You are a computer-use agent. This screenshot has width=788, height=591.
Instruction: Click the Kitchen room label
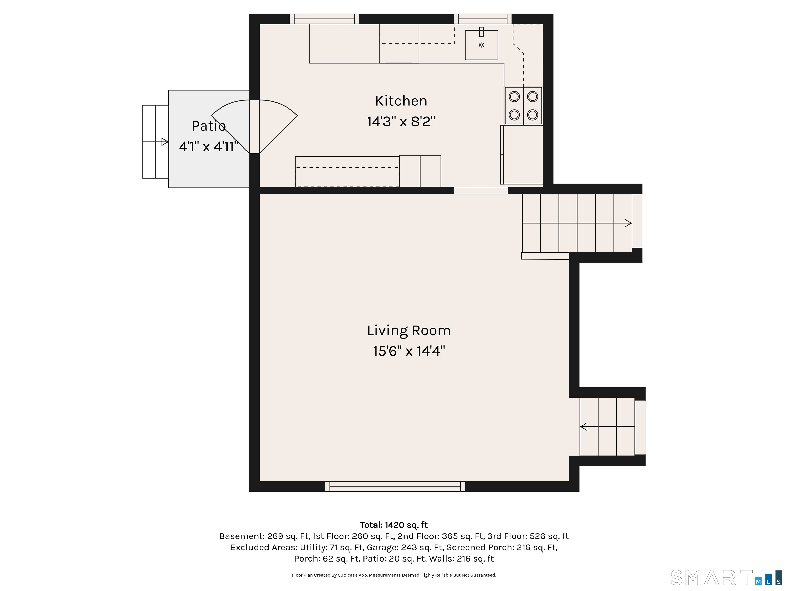401,101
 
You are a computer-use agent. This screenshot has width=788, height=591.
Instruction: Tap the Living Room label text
409,331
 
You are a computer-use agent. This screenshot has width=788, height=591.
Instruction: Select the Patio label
209,126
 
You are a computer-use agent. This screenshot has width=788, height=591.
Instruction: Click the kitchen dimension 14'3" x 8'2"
401,122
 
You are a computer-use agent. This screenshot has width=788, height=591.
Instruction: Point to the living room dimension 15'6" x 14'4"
409,351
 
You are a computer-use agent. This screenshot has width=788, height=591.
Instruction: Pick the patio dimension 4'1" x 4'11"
209,147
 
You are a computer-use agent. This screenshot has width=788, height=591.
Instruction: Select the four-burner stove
523,106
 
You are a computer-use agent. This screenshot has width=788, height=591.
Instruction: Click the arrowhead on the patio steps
165,142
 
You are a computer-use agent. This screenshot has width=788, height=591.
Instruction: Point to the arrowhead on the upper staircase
628,223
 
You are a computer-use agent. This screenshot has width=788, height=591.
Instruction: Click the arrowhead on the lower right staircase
584,426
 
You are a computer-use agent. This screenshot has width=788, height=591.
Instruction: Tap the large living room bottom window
395,487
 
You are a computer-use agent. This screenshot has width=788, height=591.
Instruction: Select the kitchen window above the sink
483,19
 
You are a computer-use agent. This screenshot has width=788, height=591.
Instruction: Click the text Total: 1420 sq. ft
394,525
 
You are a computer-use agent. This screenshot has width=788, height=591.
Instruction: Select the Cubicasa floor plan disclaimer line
394,575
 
